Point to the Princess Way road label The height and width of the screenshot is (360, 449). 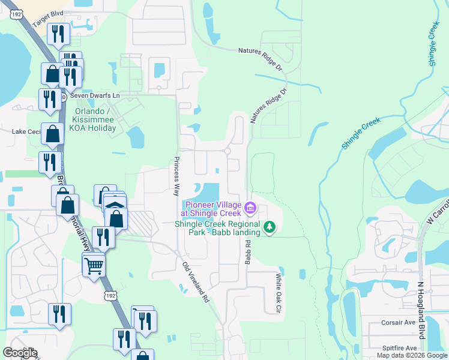(176, 176)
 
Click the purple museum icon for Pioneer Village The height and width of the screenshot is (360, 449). (251, 209)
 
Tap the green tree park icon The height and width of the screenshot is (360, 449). (270, 227)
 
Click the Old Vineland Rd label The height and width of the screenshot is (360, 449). (195, 280)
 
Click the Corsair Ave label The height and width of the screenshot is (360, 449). (399, 322)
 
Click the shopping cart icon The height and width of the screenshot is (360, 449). (94, 264)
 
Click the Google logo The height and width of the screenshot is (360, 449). (20, 353)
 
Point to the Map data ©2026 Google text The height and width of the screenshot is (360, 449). (411, 355)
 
